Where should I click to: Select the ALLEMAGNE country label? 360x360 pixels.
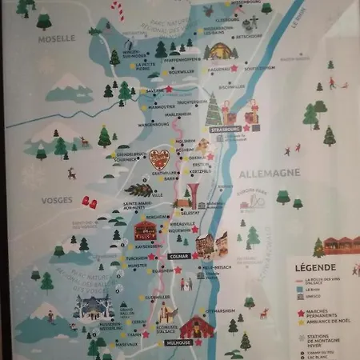(258, 172)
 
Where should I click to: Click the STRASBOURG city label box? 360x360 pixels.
(225, 128)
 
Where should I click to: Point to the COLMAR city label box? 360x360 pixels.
(178, 256)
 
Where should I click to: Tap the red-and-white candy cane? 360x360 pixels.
(118, 10)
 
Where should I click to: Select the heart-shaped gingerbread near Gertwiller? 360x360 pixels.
(160, 158)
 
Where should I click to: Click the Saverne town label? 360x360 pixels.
(154, 91)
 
